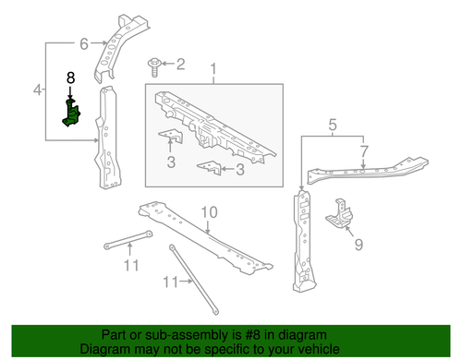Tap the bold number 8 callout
pyautogui.click(x=70, y=81)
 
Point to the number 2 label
pyautogui.click(x=180, y=64)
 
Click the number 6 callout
pyautogui.click(x=85, y=42)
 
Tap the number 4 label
pyautogui.click(x=38, y=90)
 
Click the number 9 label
pyautogui.click(x=358, y=246)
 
